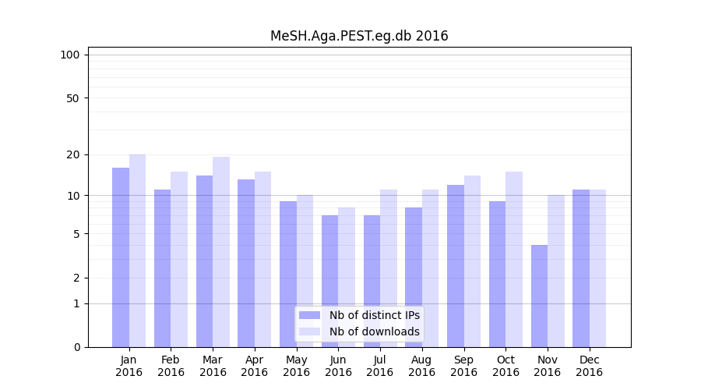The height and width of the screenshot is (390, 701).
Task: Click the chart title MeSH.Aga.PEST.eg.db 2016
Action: pos(359,36)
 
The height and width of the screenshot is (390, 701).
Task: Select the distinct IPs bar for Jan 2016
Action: pos(121,257)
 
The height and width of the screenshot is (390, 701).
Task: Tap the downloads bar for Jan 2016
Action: pos(137,250)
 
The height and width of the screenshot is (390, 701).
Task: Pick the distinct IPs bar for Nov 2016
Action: pos(539,296)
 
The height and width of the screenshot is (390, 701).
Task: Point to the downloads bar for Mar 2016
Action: pos(221,252)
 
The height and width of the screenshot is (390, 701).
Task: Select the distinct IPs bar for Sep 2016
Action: pos(456,266)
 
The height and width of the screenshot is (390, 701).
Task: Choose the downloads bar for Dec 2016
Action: pos(597,268)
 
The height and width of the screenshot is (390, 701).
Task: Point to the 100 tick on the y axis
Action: pos(70,55)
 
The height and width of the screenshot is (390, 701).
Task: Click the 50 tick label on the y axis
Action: pos(72,98)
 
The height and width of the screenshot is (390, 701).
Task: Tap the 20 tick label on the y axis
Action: pos(72,154)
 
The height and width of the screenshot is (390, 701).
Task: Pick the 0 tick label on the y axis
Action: pos(76,347)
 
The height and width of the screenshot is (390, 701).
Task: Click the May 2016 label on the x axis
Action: pos(296,366)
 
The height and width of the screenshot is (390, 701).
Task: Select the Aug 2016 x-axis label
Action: pos(421,366)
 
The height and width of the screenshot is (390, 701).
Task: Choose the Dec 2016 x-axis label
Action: pos(589,366)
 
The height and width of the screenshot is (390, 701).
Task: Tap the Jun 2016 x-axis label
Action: pos(338,366)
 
